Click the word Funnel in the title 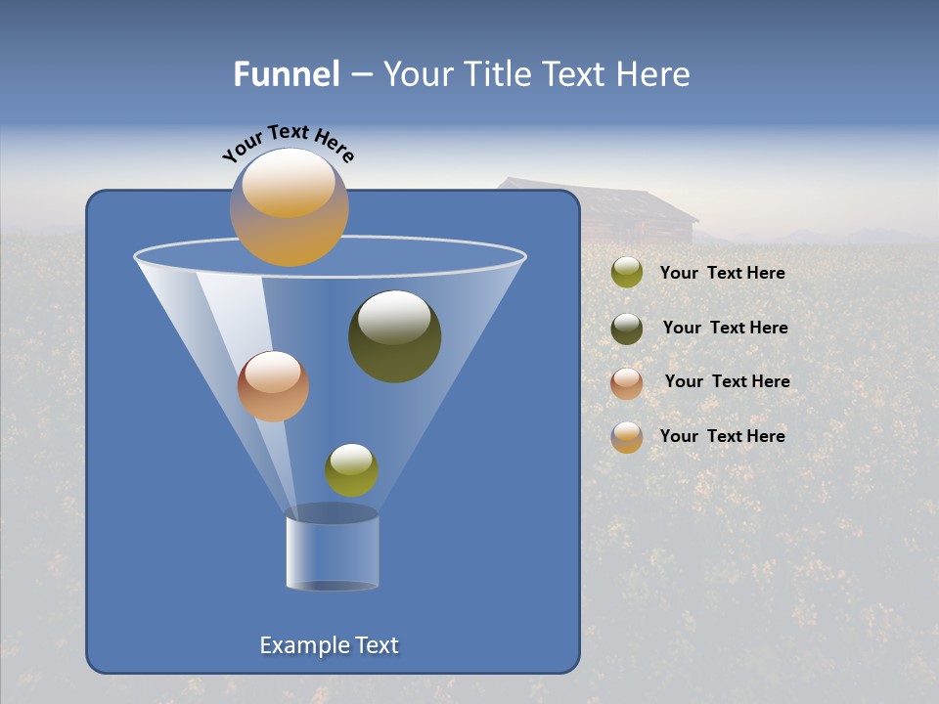286,74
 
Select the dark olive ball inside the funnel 395,337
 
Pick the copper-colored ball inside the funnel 273,386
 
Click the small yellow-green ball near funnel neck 351,470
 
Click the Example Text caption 330,645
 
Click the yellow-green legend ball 627,273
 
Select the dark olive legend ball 627,328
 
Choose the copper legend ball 627,382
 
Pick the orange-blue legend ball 627,436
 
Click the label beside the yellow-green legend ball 722,273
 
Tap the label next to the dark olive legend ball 725,328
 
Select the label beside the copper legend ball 727,381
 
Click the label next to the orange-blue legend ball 722,436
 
